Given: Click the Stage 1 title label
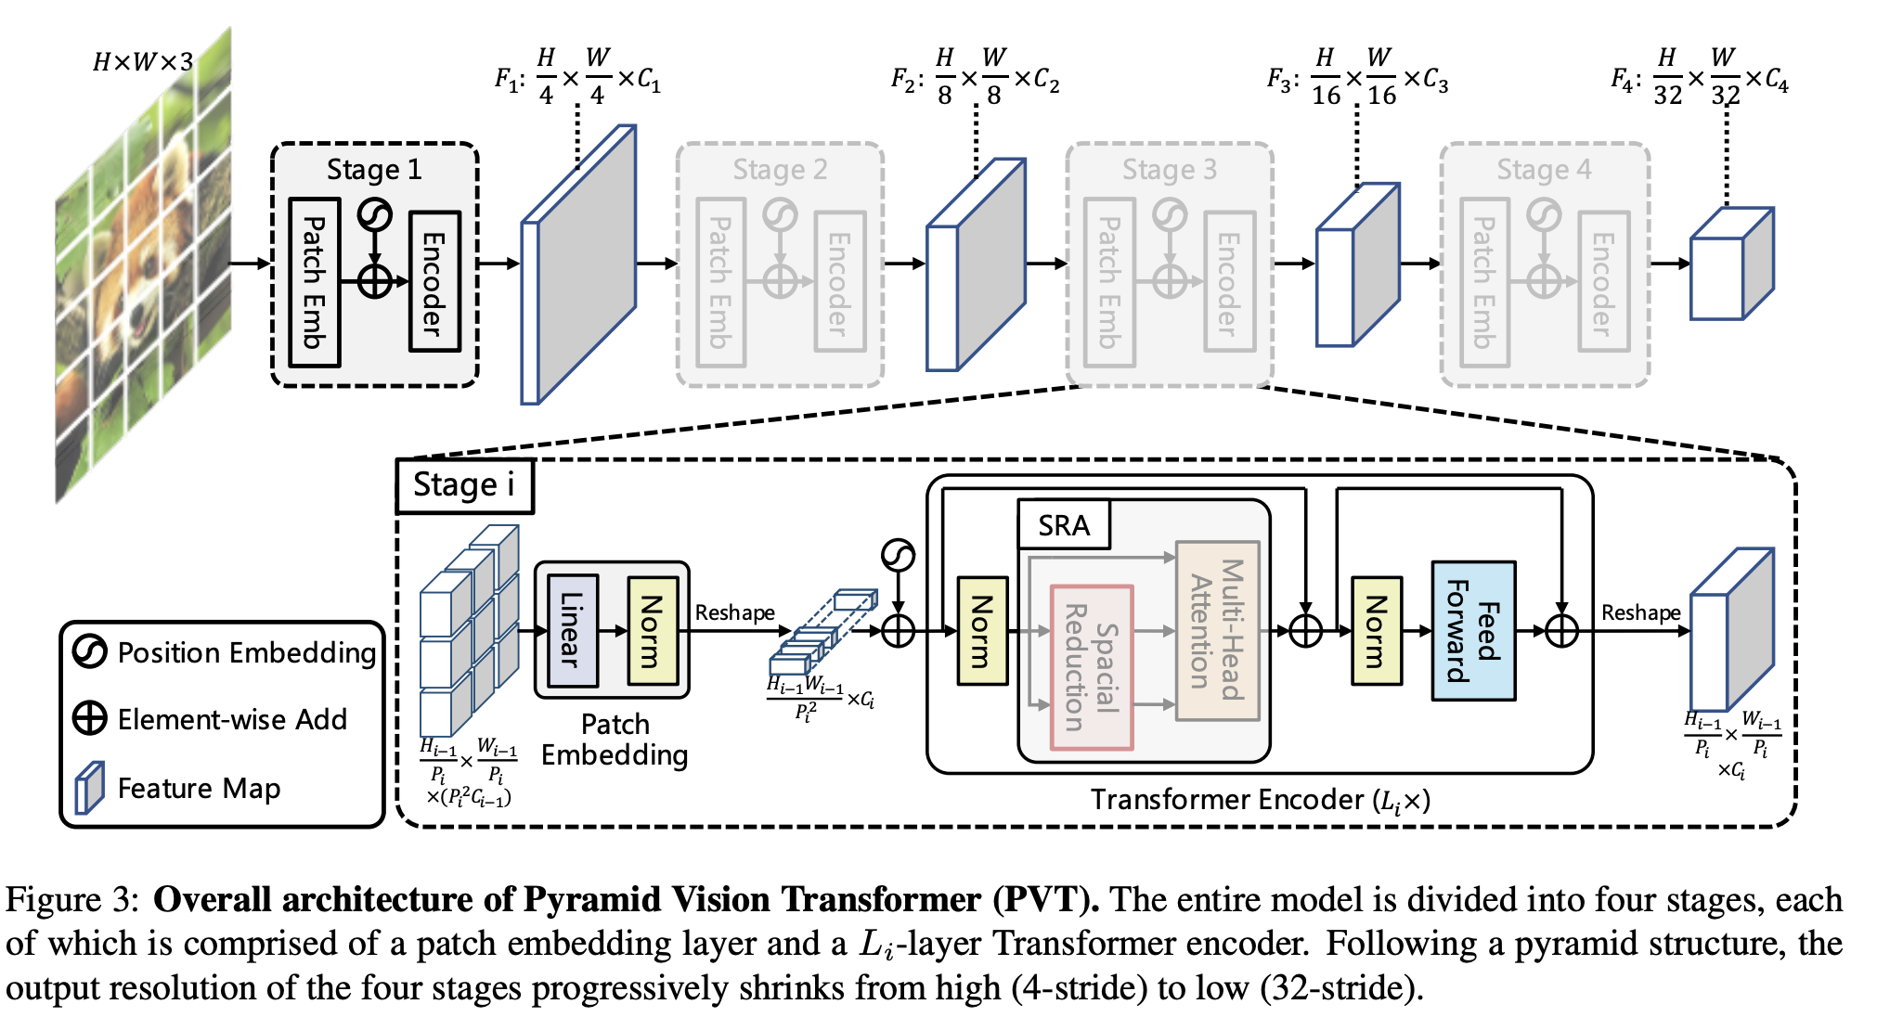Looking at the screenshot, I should pos(374,170).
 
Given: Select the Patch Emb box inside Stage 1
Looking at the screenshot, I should pos(315,281).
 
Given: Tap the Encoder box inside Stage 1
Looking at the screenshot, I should pos(434,281).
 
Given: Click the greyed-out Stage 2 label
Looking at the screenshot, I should pos(780,170).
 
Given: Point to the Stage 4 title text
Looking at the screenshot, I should pos(1544,170).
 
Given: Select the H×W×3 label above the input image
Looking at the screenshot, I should pos(143,62).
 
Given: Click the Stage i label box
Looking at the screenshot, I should pos(464,485).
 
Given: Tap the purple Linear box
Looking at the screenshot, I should pos(572,630).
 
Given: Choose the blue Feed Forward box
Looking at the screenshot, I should pos(1473,630).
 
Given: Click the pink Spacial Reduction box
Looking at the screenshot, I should pos(1092,666).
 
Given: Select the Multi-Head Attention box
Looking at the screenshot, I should pos(1217,630).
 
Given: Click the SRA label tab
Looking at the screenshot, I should pos(1064,525).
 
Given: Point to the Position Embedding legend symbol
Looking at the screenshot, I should pos(90,651).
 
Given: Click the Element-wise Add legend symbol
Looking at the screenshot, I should pos(90,718).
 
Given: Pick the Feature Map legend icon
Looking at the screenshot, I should pos(90,788).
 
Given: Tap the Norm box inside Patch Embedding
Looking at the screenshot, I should pos(653,630).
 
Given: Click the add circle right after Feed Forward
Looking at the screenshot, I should pos(1562,631).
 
